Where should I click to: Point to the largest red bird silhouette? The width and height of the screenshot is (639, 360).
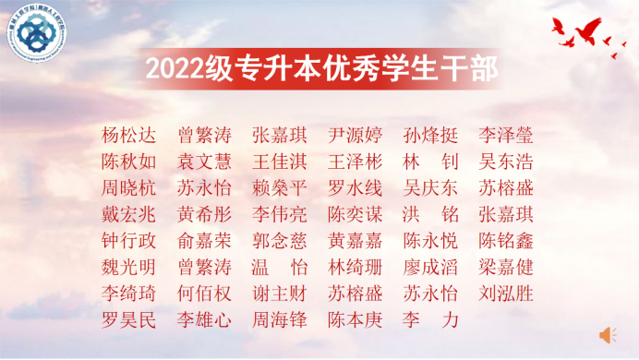pyautogui.click(x=584, y=33)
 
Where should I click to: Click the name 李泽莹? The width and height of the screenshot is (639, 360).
pyautogui.click(x=506, y=135)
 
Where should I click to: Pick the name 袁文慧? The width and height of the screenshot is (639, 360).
pyautogui.click(x=204, y=162)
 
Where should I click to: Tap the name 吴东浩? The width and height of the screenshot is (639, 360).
pyautogui.click(x=506, y=162)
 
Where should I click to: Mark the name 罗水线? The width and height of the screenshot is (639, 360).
pyautogui.click(x=355, y=188)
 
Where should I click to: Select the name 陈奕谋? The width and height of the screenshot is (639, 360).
pyautogui.click(x=355, y=214)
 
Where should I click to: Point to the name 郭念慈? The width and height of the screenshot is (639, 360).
pyautogui.click(x=280, y=241)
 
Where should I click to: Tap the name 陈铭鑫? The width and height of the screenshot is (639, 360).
pyautogui.click(x=506, y=241)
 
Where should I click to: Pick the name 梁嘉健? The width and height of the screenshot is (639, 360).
pyautogui.click(x=506, y=268)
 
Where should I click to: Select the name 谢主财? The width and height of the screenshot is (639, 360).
pyautogui.click(x=280, y=294)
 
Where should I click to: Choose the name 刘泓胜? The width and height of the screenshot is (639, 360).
pyautogui.click(x=506, y=294)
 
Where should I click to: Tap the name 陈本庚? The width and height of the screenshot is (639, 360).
pyautogui.click(x=355, y=321)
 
